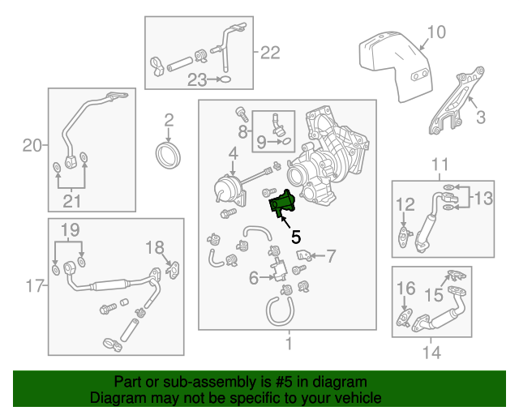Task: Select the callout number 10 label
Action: [x=435, y=32]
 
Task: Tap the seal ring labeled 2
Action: [x=169, y=154]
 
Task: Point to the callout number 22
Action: [x=270, y=53]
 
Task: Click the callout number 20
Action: [x=32, y=146]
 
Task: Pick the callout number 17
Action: [x=33, y=285]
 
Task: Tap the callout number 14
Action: [x=431, y=353]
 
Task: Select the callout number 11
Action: [x=440, y=165]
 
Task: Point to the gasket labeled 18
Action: [x=173, y=269]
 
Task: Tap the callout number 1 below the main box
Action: [x=287, y=344]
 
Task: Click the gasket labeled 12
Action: [x=403, y=234]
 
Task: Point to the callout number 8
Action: [x=242, y=130]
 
